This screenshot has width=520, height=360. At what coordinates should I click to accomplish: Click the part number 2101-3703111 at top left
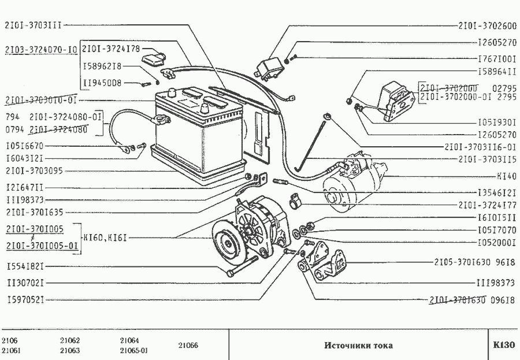(x=33, y=25)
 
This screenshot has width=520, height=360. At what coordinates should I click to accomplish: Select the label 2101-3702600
(x=487, y=26)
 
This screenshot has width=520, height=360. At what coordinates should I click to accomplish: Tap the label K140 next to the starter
(x=506, y=176)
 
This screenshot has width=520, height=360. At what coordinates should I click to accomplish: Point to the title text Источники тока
(x=358, y=346)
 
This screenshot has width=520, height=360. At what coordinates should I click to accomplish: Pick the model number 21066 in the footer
(x=188, y=346)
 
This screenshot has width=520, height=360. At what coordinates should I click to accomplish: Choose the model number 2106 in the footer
(x=10, y=340)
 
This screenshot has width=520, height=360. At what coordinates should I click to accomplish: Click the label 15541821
(x=25, y=267)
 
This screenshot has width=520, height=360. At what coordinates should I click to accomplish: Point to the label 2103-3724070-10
(x=40, y=50)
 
